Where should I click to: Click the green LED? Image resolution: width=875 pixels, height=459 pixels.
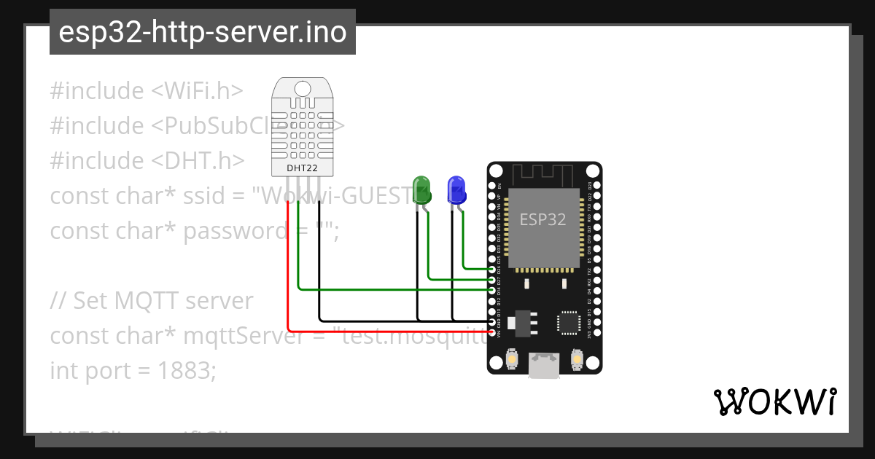[421, 189]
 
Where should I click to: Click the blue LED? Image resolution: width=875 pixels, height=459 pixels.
[456, 189]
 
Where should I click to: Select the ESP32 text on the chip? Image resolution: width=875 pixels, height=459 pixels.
[542, 219]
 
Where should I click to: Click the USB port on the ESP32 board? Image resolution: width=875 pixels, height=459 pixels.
[544, 365]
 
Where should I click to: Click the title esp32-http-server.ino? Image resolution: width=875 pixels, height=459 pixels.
[202, 32]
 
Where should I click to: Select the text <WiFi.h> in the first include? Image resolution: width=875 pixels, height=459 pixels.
[197, 91]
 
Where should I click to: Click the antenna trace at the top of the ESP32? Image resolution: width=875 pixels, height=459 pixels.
[544, 176]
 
